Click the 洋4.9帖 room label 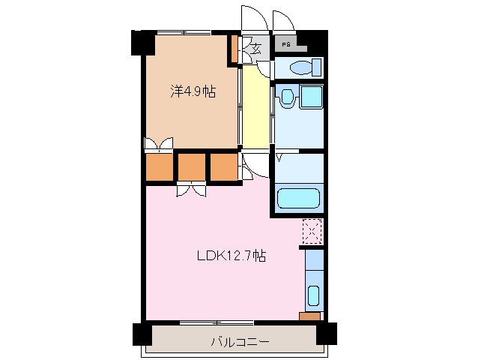click(193, 91)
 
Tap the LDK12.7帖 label click(232, 256)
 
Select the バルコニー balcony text click(240, 341)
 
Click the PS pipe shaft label click(286, 44)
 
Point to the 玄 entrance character click(256, 49)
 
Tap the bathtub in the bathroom click(298, 198)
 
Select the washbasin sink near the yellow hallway click(286, 97)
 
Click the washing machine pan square click(311, 97)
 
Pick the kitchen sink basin click(313, 295)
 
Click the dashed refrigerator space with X click(312, 231)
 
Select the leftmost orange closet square click(160, 167)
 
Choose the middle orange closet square click(192, 167)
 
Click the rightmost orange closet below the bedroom click(224, 167)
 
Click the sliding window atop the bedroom click(184, 32)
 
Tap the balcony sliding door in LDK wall click(217, 322)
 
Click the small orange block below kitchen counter click(309, 316)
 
